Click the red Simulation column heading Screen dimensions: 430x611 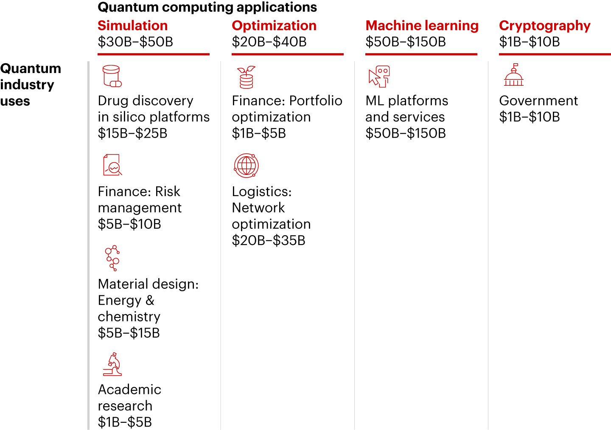click(132, 25)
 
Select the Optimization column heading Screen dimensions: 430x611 click(274, 25)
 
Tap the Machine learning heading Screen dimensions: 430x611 click(422, 25)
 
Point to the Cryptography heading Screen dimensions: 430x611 click(544, 26)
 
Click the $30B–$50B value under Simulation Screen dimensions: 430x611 click(135, 42)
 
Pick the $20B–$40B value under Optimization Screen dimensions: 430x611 click(269, 42)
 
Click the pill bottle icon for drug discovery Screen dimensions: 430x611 click(112, 76)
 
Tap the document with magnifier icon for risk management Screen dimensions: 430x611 click(112, 165)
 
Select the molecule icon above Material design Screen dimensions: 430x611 click(112, 258)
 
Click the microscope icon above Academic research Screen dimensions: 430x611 click(112, 364)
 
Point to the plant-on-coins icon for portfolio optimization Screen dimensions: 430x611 click(246, 77)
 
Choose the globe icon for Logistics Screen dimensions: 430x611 click(246, 165)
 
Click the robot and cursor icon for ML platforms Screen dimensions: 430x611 click(379, 76)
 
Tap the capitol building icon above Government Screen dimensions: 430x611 click(513, 75)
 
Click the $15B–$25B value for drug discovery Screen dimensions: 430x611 click(132, 133)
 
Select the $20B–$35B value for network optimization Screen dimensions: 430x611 click(268, 240)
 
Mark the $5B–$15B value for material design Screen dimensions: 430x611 click(129, 333)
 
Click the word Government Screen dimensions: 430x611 click(538, 101)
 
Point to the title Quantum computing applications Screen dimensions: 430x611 click(207, 7)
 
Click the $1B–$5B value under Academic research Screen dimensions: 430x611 click(125, 422)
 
